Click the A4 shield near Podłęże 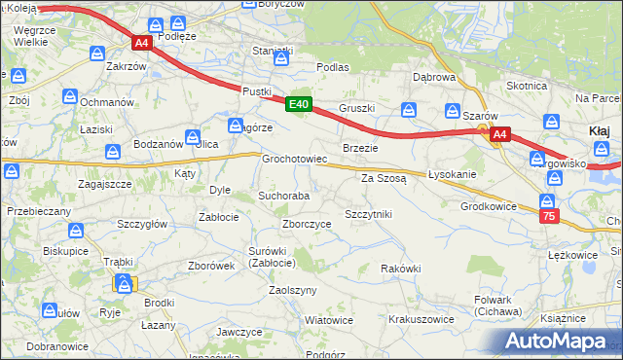tap(142, 43)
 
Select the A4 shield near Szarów tap(499, 135)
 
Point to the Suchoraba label tap(283, 196)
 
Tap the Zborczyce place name tap(307, 223)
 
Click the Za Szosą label tap(384, 179)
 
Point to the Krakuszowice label tap(421, 318)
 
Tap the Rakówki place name tap(401, 269)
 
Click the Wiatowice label tap(329, 319)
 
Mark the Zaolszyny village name tap(293, 291)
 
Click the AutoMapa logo tap(559, 340)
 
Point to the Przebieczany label tap(38, 210)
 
